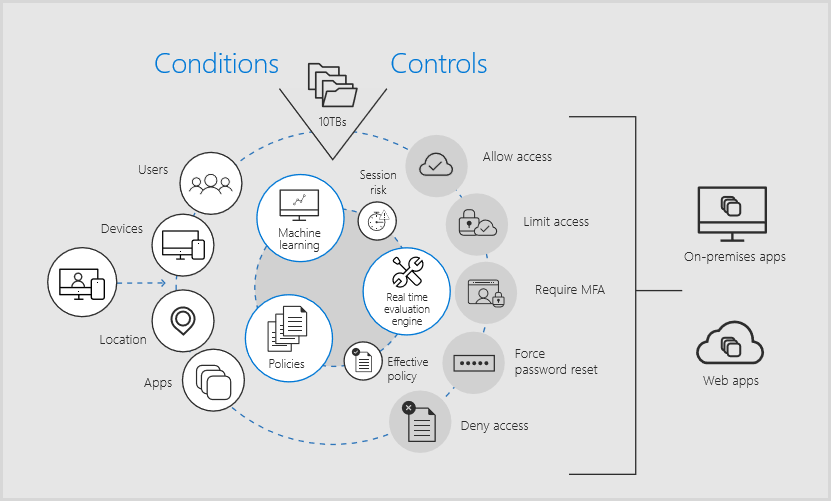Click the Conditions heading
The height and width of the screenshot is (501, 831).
pos(216,64)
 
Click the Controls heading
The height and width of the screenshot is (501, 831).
pos(438,64)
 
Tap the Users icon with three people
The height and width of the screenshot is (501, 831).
pos(211,183)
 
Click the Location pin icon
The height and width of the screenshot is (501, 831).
pos(182,321)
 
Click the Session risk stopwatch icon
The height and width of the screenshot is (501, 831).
pos(376,220)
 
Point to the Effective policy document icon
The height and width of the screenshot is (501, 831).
pos(363,361)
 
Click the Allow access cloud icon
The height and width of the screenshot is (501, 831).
pos(437,164)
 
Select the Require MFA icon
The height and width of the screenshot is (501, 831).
pos(486,292)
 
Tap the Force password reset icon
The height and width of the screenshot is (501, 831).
pos(474,361)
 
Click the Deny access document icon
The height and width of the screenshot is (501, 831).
pos(420,422)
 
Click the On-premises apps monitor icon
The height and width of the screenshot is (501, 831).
pos(731,212)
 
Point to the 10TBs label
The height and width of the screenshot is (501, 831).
pos(332,121)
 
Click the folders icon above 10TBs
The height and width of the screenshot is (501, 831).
pos(332,85)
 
